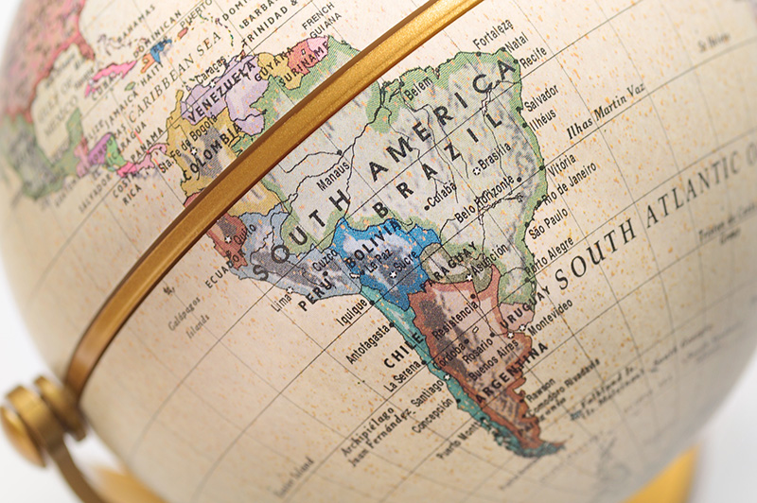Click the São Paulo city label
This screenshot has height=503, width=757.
click(x=548, y=230)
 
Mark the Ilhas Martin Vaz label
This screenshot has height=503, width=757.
click(x=607, y=111)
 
